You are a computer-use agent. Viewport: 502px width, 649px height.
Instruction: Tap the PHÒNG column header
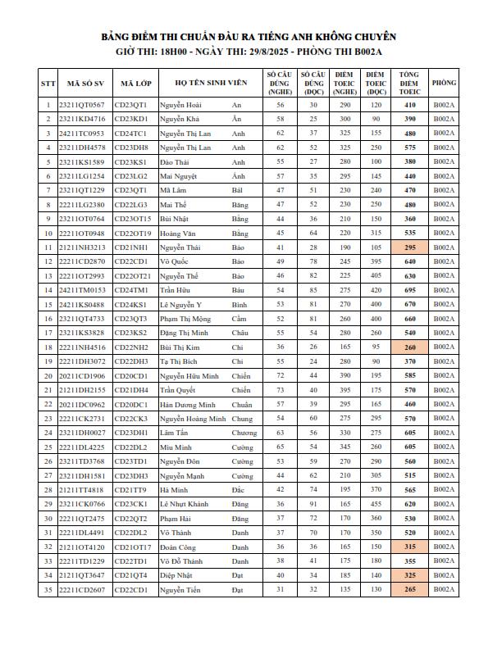click(x=445, y=83)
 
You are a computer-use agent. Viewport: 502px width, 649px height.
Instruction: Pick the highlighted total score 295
click(x=409, y=247)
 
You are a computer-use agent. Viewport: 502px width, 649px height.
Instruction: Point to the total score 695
click(x=409, y=290)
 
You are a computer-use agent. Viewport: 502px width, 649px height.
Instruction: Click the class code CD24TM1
click(x=131, y=290)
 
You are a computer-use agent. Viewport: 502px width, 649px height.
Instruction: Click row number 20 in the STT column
click(x=48, y=376)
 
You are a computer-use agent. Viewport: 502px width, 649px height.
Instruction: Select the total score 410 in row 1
click(x=409, y=105)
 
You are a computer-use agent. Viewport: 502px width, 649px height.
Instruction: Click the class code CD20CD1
click(x=131, y=376)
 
